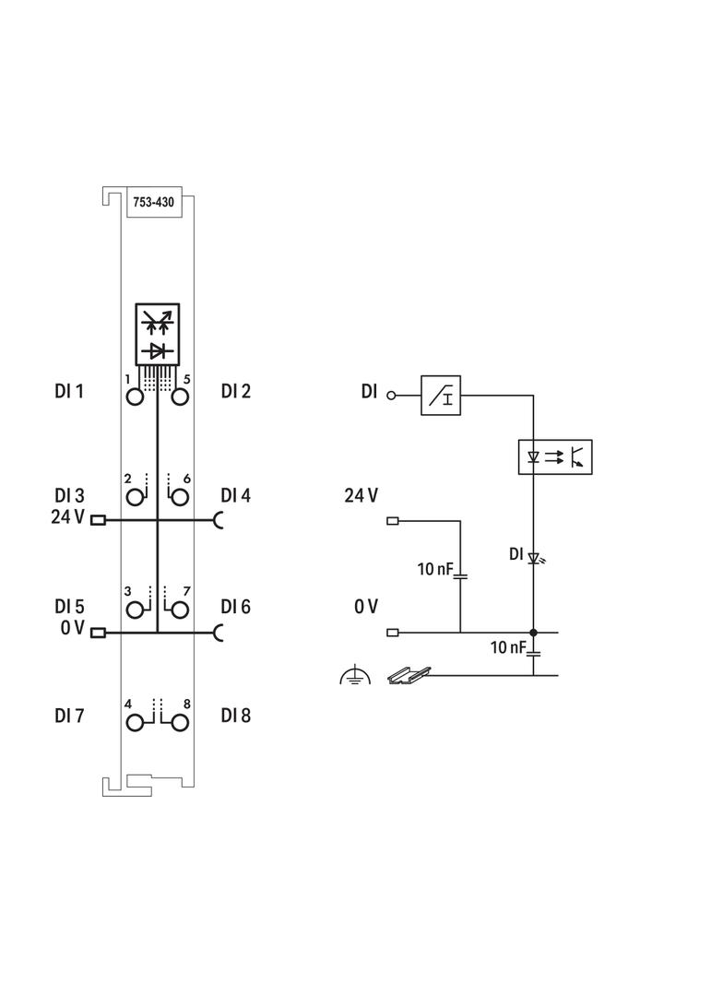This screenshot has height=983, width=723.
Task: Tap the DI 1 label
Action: (69, 391)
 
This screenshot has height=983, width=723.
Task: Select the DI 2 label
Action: (235, 391)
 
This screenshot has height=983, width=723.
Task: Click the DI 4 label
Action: (235, 495)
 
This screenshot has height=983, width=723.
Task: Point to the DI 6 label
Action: (235, 607)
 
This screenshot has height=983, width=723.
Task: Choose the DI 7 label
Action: (69, 715)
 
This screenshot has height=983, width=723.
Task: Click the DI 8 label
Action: (235, 715)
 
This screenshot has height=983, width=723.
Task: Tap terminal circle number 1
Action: (136, 397)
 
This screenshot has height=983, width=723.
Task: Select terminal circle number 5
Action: (180, 397)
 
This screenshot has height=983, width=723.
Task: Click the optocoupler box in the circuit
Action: (555, 456)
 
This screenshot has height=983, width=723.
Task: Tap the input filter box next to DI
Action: (440, 395)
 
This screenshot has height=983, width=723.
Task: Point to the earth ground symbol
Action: (354, 677)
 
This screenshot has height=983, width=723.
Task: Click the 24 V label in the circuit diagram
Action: (361, 496)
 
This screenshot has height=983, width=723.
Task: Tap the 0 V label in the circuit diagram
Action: (365, 607)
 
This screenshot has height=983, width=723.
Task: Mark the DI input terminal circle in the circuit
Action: (391, 395)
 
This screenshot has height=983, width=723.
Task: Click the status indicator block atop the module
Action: (158, 334)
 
